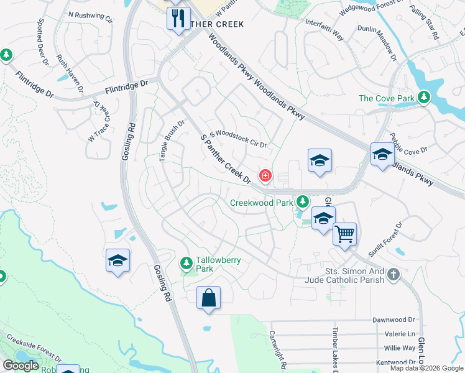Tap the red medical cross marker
[265, 177]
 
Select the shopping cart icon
[344, 234]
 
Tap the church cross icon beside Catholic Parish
[393, 274]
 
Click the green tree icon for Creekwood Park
[303, 201]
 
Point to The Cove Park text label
[386, 98]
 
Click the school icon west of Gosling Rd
[117, 261]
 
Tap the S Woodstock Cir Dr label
[238, 138]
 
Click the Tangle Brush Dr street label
[172, 141]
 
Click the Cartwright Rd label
[279, 349]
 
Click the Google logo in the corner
[21, 366]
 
